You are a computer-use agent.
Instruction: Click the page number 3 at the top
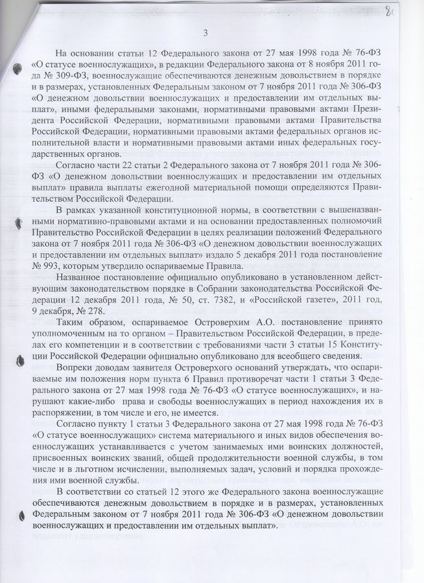coord(206,34)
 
